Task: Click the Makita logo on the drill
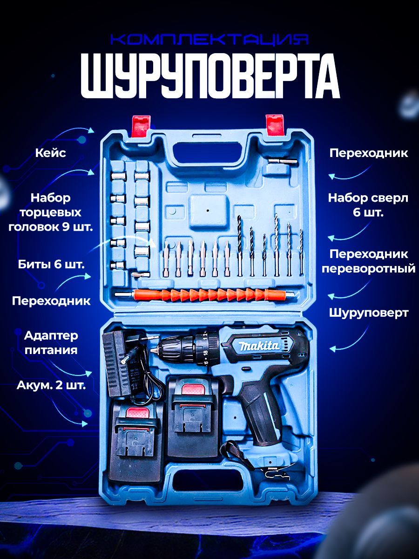point(259,346)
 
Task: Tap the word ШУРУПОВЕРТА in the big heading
point(210,75)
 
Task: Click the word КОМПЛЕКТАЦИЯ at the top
point(210,40)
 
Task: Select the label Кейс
point(51,153)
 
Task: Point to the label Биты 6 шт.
point(51,265)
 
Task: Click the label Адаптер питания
point(51,342)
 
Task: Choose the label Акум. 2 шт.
point(51,385)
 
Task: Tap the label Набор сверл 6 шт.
point(368,205)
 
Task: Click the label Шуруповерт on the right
point(369,313)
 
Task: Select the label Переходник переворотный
point(368,261)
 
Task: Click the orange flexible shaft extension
point(205,295)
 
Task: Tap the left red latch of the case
point(141,126)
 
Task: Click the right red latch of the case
point(275,126)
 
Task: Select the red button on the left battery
point(138,412)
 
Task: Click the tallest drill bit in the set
point(277,245)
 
